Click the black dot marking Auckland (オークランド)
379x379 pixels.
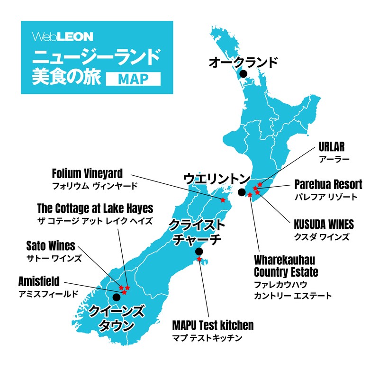(x=243, y=74)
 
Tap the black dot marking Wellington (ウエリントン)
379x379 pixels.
(x=242, y=192)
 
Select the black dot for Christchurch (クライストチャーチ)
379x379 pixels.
(x=199, y=251)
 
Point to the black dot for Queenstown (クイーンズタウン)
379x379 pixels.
(x=116, y=298)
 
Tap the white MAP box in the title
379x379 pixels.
(x=133, y=79)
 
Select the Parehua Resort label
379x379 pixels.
(x=328, y=184)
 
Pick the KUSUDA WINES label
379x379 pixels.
(x=324, y=224)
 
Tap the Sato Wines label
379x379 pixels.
(x=50, y=246)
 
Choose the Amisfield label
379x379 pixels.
(x=39, y=282)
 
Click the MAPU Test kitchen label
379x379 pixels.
(x=213, y=326)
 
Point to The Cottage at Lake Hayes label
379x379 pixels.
(x=95, y=209)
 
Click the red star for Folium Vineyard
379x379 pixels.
(x=223, y=200)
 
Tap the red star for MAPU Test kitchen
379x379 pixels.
(x=199, y=260)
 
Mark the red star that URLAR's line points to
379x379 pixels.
(x=260, y=184)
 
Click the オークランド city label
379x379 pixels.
(x=243, y=62)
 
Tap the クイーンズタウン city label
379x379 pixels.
(x=116, y=318)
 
